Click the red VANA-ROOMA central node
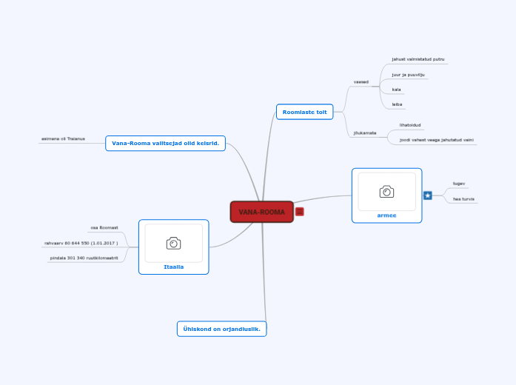click(x=261, y=212)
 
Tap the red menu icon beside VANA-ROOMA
click(x=299, y=212)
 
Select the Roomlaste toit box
click(x=304, y=112)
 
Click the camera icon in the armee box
click(x=386, y=192)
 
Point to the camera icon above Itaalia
click(x=173, y=243)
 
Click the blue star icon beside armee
click(x=428, y=195)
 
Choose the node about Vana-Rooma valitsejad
click(x=165, y=143)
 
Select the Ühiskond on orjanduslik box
click(x=221, y=329)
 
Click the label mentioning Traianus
click(x=63, y=138)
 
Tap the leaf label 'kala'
click(x=397, y=90)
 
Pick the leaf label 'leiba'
click(x=397, y=104)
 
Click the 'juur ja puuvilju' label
click(x=409, y=75)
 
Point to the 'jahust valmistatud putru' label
click(x=418, y=58)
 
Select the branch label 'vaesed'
click(x=361, y=82)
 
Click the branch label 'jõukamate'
click(x=365, y=133)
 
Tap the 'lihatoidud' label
click(x=410, y=125)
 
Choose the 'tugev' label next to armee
click(x=459, y=183)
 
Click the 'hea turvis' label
click(x=463, y=198)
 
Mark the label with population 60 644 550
click(x=81, y=243)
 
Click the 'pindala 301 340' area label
click(x=84, y=258)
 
